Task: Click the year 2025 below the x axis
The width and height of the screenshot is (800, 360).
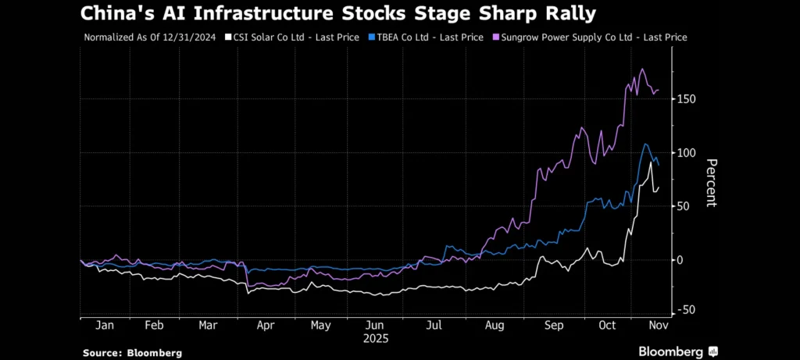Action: click(x=375, y=339)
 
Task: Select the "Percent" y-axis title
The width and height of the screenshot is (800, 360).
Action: click(x=712, y=183)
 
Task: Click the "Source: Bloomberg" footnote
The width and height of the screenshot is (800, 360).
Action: click(x=132, y=353)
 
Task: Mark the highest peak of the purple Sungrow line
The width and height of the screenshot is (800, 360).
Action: click(x=642, y=69)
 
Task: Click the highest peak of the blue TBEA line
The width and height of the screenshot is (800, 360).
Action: click(x=645, y=144)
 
